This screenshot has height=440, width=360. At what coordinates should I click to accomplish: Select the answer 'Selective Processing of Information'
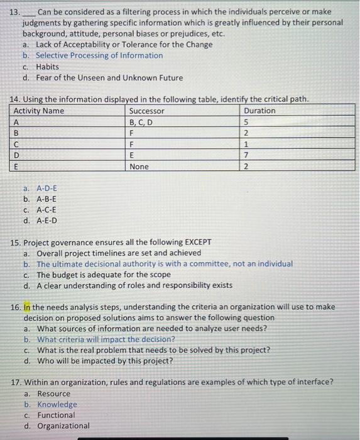click(x=99, y=55)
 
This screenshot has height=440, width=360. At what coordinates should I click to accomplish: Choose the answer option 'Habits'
click(x=47, y=67)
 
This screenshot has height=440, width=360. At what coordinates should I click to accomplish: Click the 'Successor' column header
click(x=146, y=111)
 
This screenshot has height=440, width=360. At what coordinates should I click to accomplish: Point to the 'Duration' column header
click(x=259, y=111)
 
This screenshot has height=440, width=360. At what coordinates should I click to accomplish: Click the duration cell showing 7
click(x=246, y=155)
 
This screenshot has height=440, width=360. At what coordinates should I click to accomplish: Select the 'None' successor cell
click(x=139, y=167)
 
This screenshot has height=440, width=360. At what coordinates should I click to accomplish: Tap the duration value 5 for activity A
click(x=246, y=122)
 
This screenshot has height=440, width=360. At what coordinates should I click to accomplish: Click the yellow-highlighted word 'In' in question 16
click(x=27, y=307)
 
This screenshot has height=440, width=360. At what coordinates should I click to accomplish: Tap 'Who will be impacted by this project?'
click(x=104, y=361)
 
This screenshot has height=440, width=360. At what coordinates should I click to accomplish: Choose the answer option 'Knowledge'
click(x=57, y=404)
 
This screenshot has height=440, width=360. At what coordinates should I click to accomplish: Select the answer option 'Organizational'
click(x=63, y=426)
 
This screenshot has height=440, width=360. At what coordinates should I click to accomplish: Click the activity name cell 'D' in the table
click(x=16, y=155)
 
